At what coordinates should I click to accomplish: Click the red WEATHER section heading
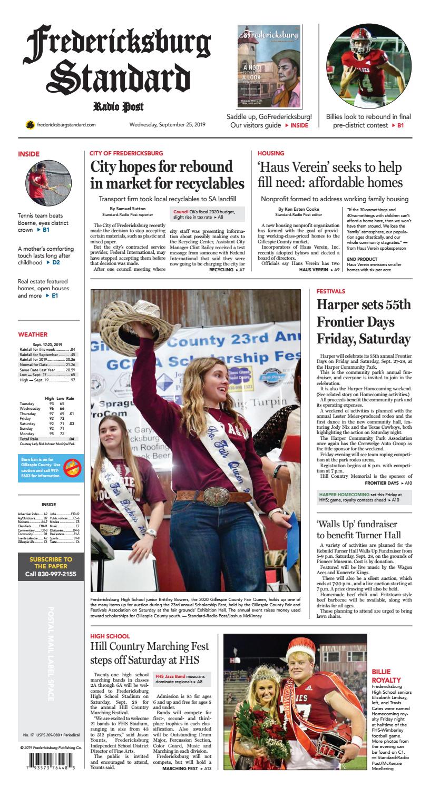(33, 334)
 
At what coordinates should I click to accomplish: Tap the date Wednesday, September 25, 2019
(167, 125)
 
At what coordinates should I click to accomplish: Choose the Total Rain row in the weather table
(47, 438)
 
